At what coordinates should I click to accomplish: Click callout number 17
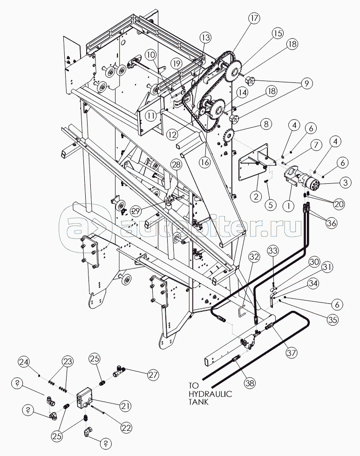(253, 19)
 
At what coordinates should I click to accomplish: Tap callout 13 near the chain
(206, 37)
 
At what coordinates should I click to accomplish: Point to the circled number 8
(265, 124)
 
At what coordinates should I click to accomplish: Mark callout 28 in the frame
(176, 164)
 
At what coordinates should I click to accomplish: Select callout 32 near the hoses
(254, 256)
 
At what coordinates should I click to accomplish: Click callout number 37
(292, 353)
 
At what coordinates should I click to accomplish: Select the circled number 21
(124, 406)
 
